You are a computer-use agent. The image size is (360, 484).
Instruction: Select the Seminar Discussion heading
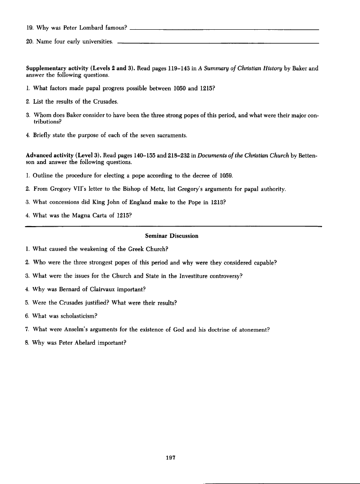[x=172, y=236]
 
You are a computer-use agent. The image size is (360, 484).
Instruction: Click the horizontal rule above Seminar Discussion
[x=172, y=225]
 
